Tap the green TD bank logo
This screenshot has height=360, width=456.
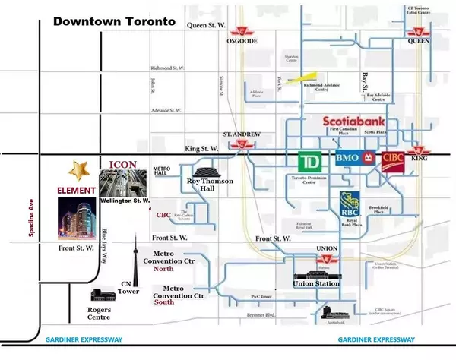click(308, 163)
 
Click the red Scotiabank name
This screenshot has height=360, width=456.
click(354, 122)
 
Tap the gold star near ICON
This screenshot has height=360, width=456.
click(78, 169)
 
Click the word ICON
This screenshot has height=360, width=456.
click(123, 163)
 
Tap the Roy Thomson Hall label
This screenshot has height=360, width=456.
click(211, 186)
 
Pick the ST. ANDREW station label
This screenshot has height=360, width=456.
click(242, 134)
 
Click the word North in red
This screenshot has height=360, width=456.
click(163, 269)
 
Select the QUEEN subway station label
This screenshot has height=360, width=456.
click(418, 43)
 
